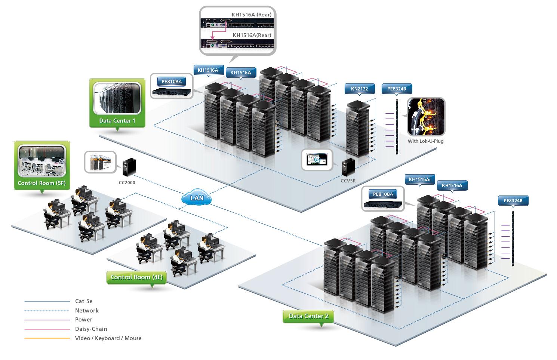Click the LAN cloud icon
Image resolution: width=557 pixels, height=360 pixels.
[197, 198]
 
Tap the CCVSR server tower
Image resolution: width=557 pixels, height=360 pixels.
[348, 167]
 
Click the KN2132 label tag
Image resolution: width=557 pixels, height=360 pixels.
[359, 89]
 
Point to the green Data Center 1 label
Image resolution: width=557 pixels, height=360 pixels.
[117, 121]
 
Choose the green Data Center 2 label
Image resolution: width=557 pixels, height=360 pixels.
[308, 316]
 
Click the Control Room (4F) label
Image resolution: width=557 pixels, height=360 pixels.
[136, 277]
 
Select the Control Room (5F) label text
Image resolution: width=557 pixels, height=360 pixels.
[41, 183]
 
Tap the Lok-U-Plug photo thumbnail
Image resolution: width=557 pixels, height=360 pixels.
[426, 117]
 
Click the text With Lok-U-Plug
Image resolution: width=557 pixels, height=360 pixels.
[425, 141]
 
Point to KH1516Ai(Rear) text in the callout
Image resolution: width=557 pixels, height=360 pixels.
[251, 15]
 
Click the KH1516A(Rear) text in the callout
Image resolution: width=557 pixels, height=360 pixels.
[252, 35]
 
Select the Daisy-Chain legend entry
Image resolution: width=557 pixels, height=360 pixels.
[91, 329]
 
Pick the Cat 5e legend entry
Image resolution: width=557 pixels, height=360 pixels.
[84, 301]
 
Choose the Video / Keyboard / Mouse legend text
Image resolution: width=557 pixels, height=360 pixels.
[108, 338]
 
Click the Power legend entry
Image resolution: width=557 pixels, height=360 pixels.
[83, 320]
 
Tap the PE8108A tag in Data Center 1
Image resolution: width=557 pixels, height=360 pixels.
[172, 81]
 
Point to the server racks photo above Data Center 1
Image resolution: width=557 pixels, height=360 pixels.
[117, 98]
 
